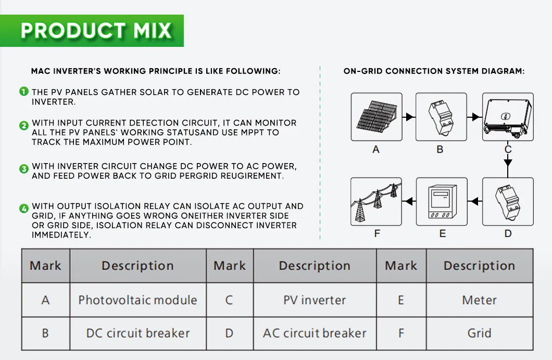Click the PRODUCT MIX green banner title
(96, 30)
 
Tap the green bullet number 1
(24, 92)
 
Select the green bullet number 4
(24, 209)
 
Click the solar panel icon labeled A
(376, 117)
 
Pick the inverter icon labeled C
(508, 117)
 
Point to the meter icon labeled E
(442, 202)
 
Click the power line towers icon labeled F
(376, 202)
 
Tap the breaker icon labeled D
(508, 202)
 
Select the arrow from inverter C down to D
(508, 163)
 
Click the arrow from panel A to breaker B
(409, 117)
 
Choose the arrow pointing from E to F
(409, 201)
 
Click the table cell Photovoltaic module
(137, 300)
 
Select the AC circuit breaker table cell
(315, 333)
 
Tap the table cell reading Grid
(479, 333)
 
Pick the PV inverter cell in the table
(315, 300)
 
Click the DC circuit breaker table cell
(137, 333)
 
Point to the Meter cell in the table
(479, 300)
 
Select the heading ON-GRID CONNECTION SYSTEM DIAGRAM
(434, 71)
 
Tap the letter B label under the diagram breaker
(440, 150)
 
